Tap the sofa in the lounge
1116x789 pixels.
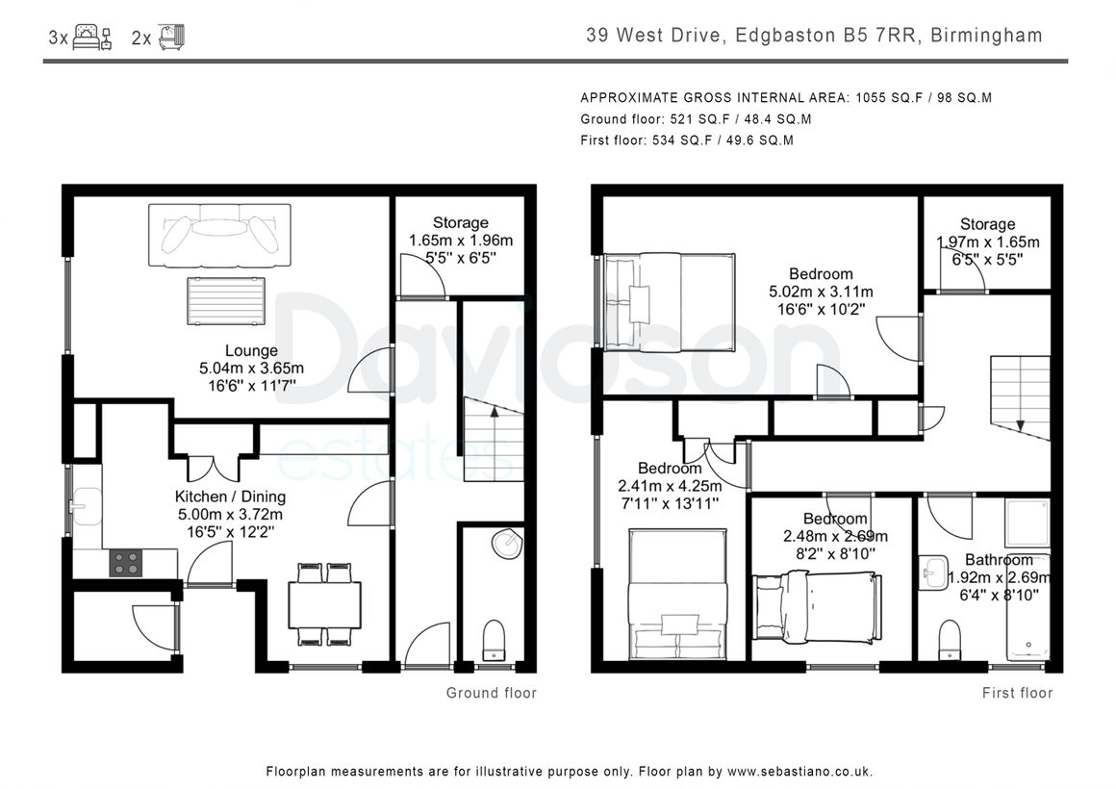pos(219,236)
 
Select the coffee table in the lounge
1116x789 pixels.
pos(226,301)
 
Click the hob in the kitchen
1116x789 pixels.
pos(125,563)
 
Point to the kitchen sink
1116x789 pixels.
pos(86,505)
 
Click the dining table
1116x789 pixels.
pos(324,604)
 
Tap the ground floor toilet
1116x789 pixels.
pos(494,640)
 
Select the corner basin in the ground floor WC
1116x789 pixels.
pos(507,544)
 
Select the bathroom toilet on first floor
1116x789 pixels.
pos(950,640)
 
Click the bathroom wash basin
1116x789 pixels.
pos(933,573)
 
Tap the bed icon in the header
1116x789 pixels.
pos(92,37)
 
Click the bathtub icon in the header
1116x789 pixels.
pos(171,37)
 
